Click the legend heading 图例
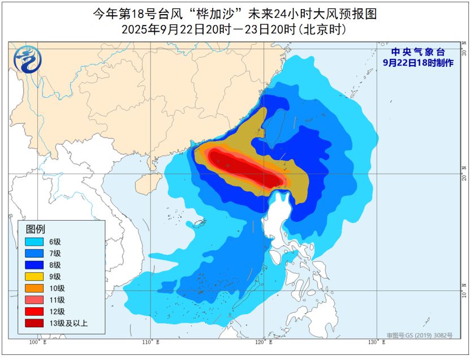pos(35,229)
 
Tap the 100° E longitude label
pos(38,342)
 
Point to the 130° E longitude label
pos(377,342)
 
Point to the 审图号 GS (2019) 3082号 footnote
pos(420,335)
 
